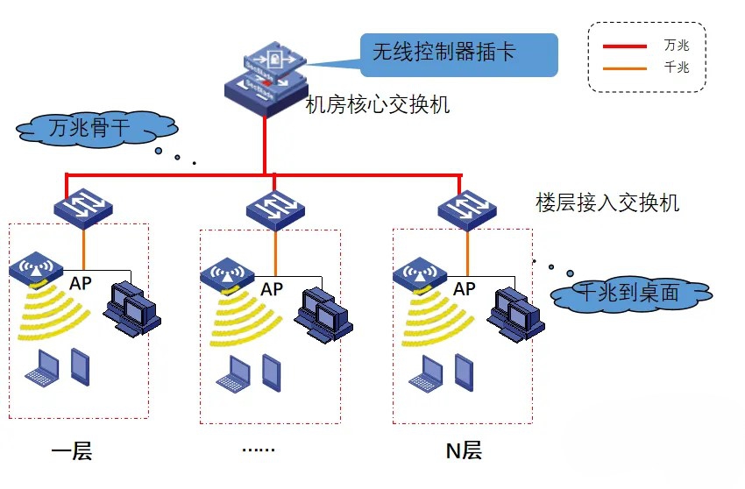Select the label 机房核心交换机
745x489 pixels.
pos(377,105)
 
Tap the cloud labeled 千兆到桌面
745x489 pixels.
pos(629,294)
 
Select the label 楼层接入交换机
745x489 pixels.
pos(607,203)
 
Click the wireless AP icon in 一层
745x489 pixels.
pos(36,270)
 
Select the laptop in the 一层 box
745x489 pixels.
pos(41,369)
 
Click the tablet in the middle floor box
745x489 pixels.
pos(272,373)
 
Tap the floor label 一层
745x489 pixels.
pos(72,451)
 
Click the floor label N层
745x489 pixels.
pos(464,451)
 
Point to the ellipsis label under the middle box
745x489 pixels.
pos(258,450)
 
